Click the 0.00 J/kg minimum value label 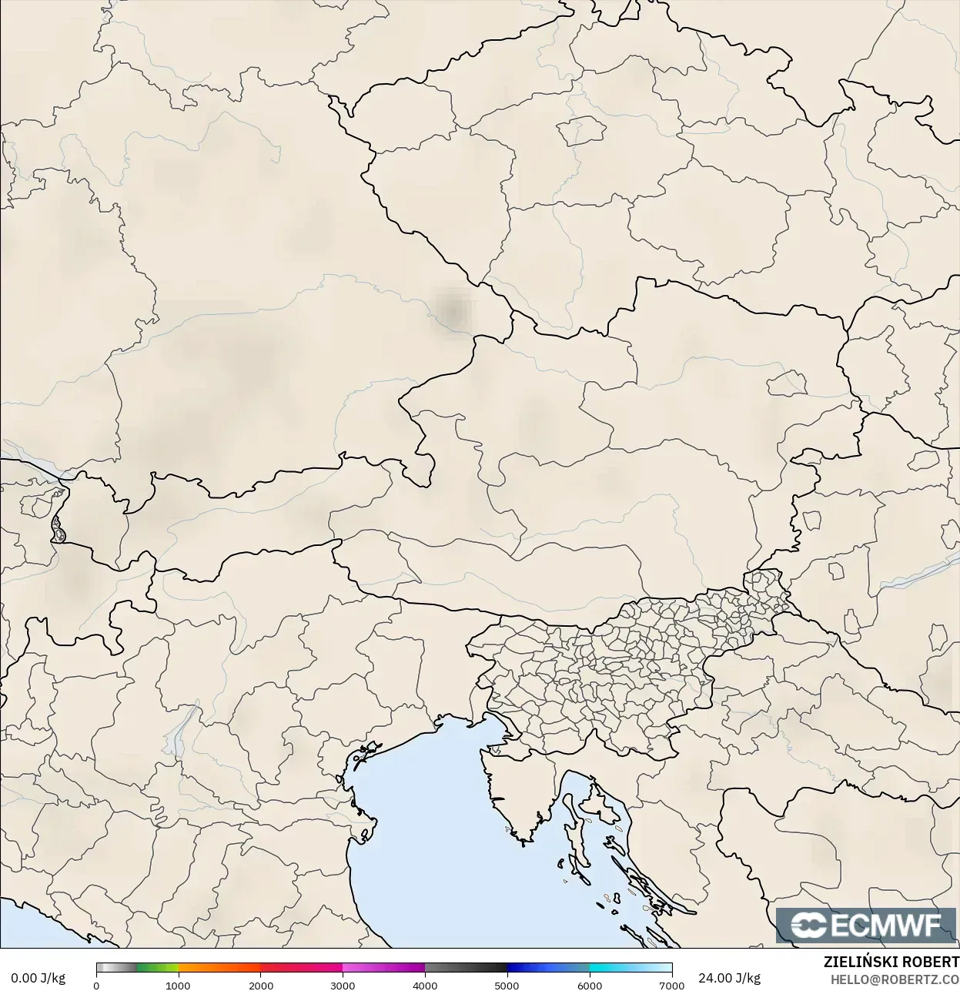(x=38, y=978)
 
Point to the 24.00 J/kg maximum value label (x=729, y=978)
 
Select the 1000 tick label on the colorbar (x=178, y=986)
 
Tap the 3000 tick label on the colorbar (x=343, y=986)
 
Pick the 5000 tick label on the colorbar (x=507, y=986)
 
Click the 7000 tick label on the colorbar (x=671, y=986)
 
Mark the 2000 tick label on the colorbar (x=261, y=986)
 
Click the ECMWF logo (x=867, y=925)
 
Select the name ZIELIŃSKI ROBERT (x=891, y=962)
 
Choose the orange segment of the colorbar (x=219, y=969)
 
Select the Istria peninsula (x=516, y=793)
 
